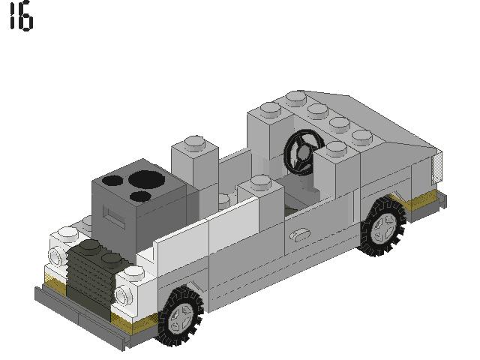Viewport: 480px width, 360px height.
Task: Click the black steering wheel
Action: (x=302, y=152)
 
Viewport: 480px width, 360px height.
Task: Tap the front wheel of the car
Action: (x=180, y=316)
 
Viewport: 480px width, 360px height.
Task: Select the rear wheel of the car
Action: (x=384, y=226)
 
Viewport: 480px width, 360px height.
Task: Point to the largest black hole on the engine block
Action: (x=143, y=179)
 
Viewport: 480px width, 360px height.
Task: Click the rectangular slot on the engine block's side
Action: (x=110, y=219)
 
